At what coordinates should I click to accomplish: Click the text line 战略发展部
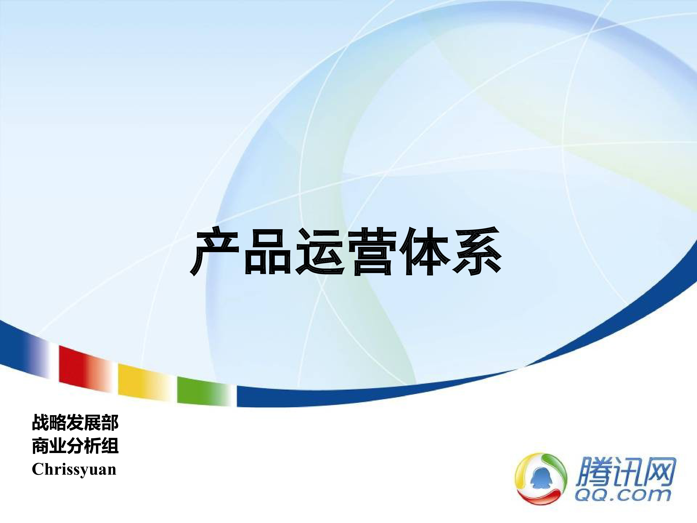coord(75,423)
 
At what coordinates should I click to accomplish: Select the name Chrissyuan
coord(74,470)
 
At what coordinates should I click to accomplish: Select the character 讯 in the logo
coord(624,472)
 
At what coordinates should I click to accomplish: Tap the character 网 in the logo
coord(657,472)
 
